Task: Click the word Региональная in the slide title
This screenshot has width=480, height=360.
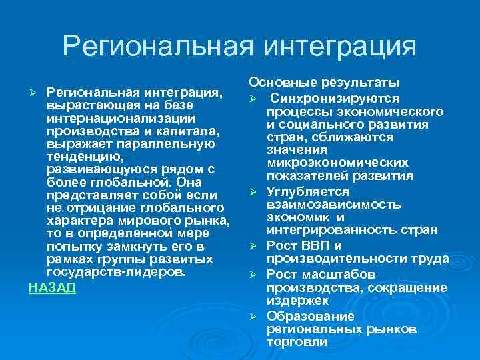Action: pyautogui.click(x=157, y=47)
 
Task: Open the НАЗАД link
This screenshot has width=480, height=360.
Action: pyautogui.click(x=53, y=287)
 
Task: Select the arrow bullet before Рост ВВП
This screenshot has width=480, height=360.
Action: pyautogui.click(x=253, y=247)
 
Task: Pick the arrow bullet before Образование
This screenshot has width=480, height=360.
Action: pyautogui.click(x=253, y=316)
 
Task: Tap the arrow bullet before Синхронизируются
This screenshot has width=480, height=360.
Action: pyautogui.click(x=253, y=98)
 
